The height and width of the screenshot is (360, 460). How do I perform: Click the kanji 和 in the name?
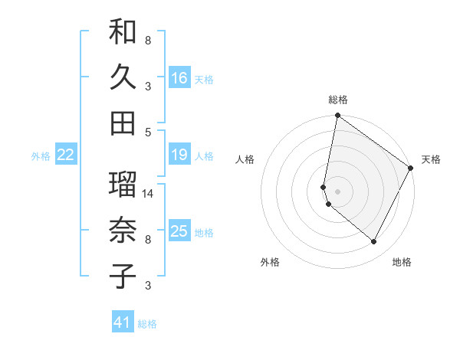(x=123, y=33)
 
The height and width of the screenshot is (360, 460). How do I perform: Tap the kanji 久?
(x=123, y=78)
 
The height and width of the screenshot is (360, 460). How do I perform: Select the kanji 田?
(x=123, y=123)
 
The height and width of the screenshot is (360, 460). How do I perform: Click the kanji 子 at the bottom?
(x=123, y=277)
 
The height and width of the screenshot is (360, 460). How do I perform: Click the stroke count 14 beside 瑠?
(x=149, y=194)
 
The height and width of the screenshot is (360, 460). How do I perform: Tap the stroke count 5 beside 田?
(x=148, y=132)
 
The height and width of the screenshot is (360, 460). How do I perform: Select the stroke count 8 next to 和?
(x=148, y=41)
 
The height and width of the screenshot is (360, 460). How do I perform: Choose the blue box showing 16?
(x=179, y=78)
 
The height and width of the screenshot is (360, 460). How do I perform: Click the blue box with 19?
(x=179, y=155)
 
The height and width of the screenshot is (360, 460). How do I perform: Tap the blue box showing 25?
(x=179, y=231)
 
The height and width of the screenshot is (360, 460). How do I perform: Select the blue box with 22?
(x=66, y=155)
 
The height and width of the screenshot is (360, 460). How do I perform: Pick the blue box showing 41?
(x=123, y=322)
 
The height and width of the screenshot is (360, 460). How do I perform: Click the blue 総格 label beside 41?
(x=147, y=324)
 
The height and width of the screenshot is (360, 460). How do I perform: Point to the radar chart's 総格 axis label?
(x=338, y=100)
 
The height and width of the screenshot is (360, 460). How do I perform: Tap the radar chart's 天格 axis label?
(x=431, y=159)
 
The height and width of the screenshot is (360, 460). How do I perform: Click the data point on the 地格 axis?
(x=374, y=242)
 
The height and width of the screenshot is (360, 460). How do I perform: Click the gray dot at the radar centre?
(x=338, y=191)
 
